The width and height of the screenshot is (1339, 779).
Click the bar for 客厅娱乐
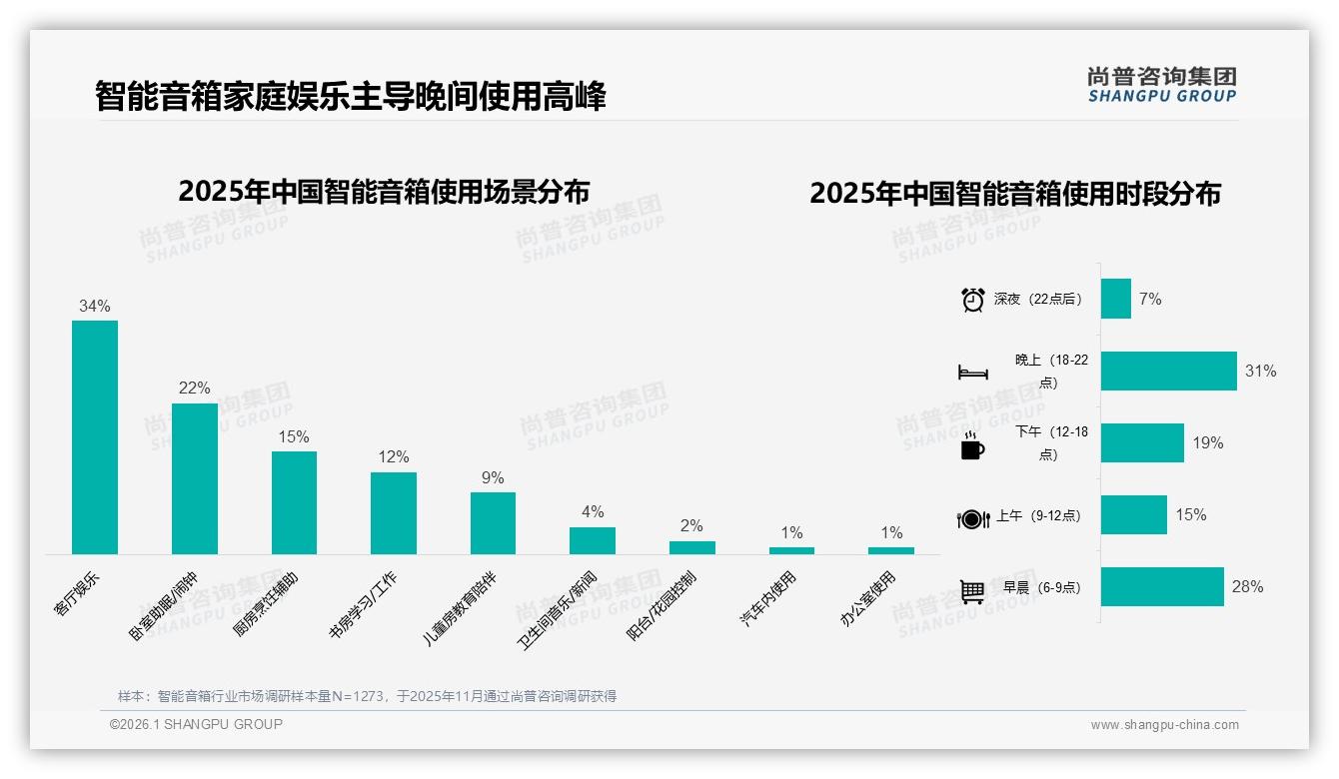tap(95, 436)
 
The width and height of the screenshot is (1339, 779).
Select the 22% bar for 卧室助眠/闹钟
tap(194, 478)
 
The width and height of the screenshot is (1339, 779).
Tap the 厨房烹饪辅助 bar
tap(294, 502)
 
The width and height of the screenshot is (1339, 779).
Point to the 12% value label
tap(393, 457)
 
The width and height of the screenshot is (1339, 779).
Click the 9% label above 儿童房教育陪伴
tap(493, 477)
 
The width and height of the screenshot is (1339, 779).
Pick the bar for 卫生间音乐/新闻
tap(593, 540)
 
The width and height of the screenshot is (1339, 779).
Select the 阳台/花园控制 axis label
tap(662, 606)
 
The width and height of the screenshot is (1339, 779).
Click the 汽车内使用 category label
tap(767, 599)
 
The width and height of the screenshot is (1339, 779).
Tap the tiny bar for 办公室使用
tap(891, 550)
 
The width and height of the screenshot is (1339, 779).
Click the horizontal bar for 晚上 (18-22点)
tap(1168, 371)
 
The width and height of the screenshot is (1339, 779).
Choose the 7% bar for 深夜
tap(1115, 299)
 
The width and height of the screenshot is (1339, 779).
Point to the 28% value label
tap(1247, 587)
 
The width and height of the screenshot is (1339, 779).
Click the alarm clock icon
tap(972, 300)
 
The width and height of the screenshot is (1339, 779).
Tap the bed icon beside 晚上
tap(972, 373)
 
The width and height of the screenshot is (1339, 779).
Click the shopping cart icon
tap(972, 591)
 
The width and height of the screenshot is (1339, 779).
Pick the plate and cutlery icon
tap(972, 519)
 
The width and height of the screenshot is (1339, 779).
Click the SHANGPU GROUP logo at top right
tap(1161, 85)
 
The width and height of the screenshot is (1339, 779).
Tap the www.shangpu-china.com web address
tap(1164, 725)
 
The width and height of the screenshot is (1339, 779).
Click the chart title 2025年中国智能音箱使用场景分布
tap(384, 192)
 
